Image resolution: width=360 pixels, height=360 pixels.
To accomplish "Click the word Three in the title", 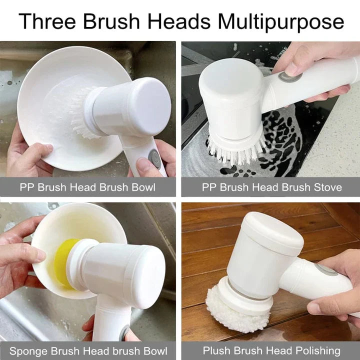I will pyautogui.click(x=46, y=22).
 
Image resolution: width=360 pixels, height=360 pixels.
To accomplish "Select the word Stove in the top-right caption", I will pyautogui.click(x=325, y=187).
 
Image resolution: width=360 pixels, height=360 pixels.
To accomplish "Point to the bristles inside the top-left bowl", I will pyautogui.click(x=80, y=115).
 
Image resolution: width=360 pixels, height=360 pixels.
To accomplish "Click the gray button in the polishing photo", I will pyautogui.click(x=326, y=270).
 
